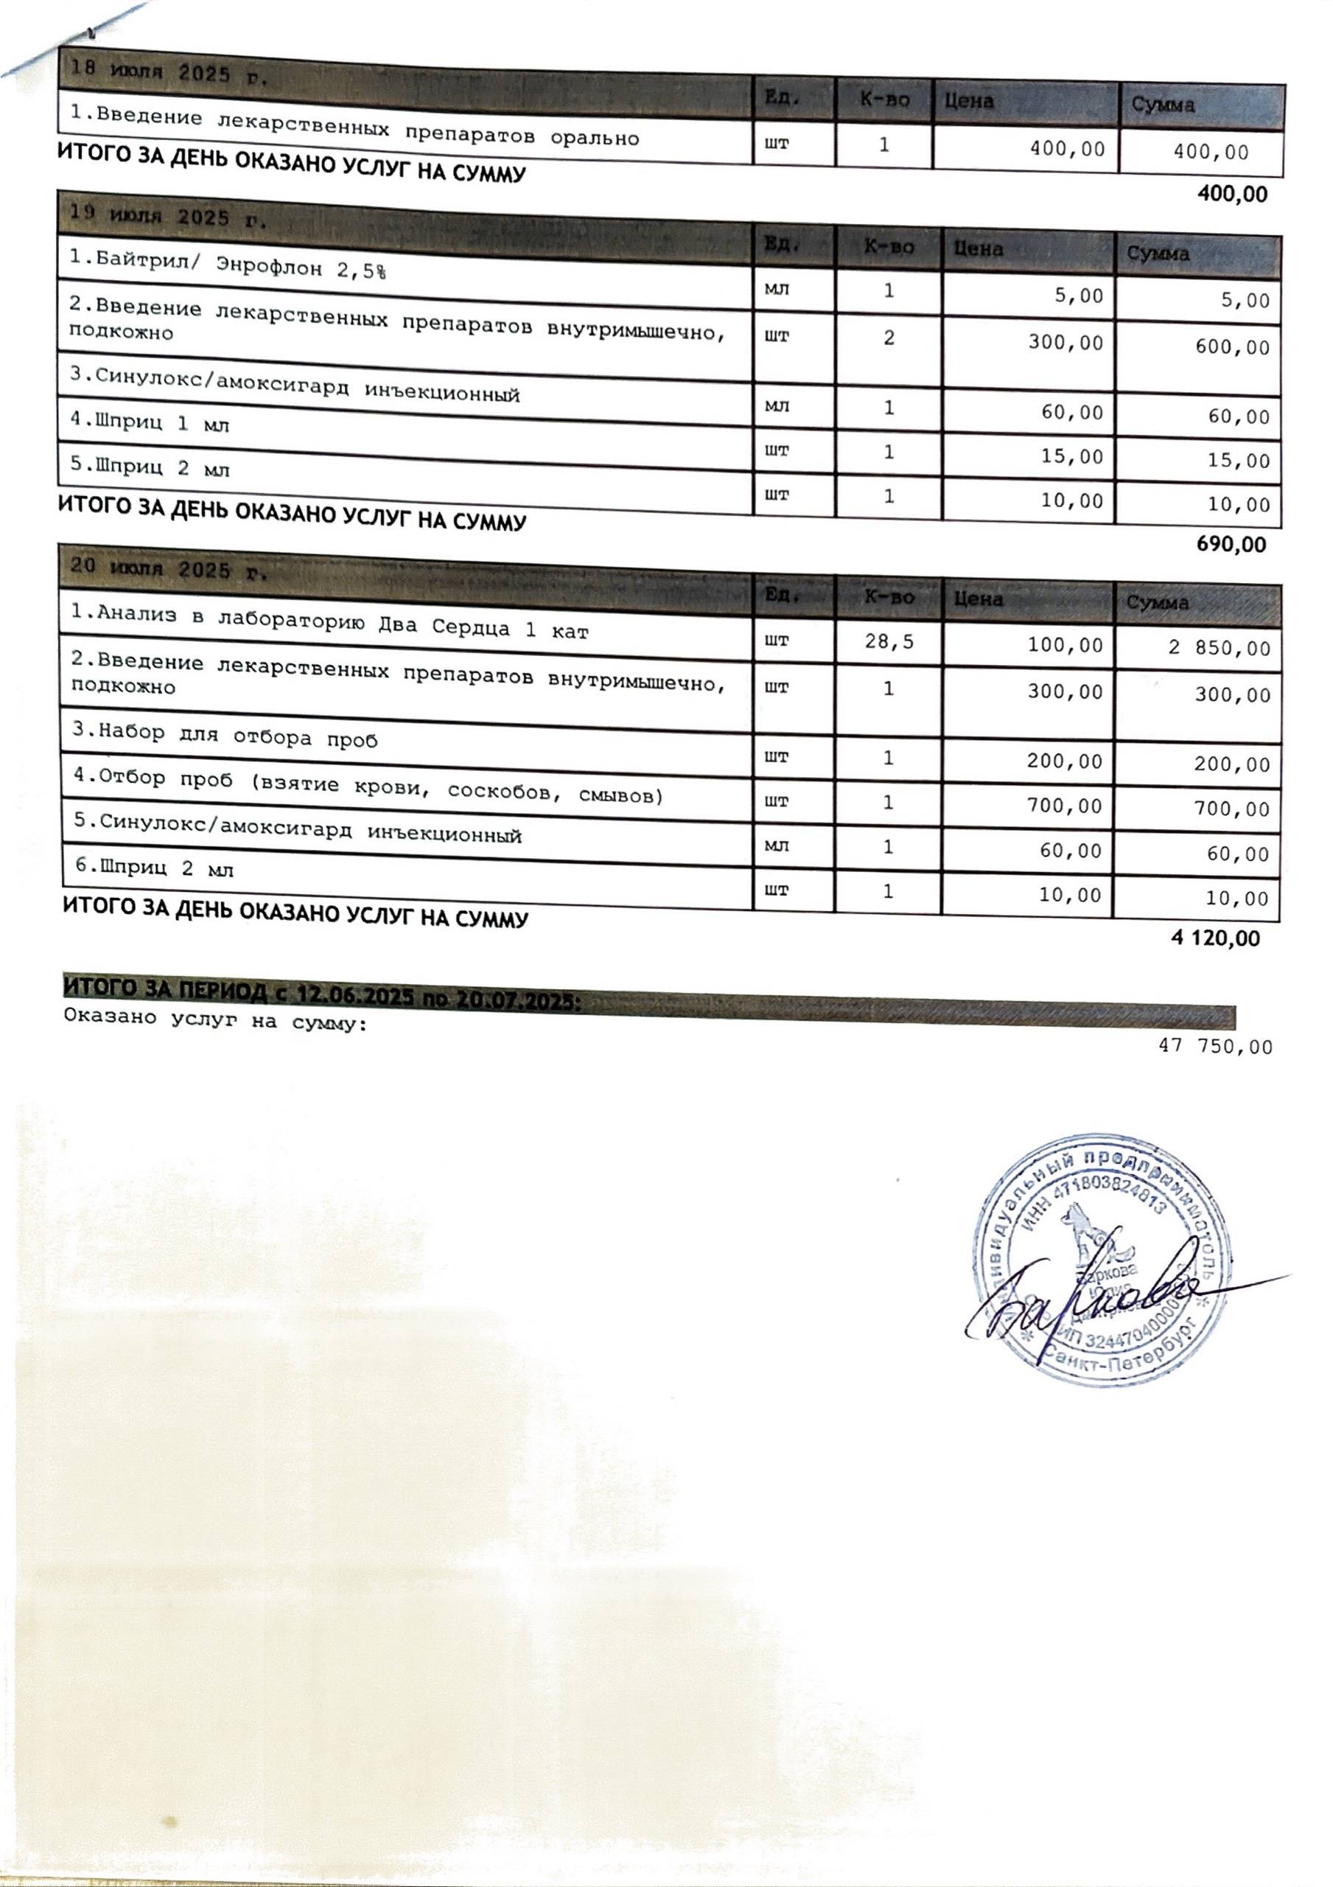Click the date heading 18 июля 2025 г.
coord(169,73)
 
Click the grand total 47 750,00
coord(1216,1047)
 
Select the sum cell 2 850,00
coord(1220,649)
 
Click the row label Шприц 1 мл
coord(149,424)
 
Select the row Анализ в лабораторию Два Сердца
coord(329,622)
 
